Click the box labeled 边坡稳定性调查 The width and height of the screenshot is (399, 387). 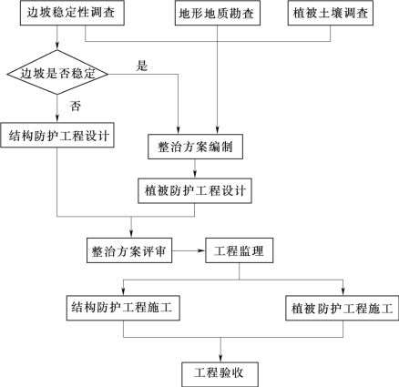(x=72, y=13)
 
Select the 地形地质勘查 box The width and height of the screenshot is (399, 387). (x=218, y=13)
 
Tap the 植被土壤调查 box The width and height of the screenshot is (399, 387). (x=331, y=13)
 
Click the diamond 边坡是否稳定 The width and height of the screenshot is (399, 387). (x=57, y=73)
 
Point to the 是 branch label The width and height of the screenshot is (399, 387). (x=142, y=66)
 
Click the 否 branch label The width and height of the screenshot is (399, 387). (x=76, y=107)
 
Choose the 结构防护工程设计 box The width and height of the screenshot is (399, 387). (x=57, y=135)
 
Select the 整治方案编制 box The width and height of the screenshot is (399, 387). (x=195, y=147)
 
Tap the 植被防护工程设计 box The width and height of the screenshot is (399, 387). (x=195, y=190)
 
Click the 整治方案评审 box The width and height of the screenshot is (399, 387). (x=129, y=250)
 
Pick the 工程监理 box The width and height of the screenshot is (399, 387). (x=240, y=250)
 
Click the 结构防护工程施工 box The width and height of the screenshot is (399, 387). (x=123, y=308)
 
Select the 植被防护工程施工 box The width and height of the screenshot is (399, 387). (x=343, y=308)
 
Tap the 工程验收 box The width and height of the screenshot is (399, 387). (x=220, y=374)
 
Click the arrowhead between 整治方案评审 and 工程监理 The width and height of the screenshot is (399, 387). (x=201, y=250)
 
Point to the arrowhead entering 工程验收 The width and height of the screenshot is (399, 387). (x=220, y=358)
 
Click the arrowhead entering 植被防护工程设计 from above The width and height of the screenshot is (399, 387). (x=195, y=174)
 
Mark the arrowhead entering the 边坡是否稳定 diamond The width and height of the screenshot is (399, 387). (x=57, y=46)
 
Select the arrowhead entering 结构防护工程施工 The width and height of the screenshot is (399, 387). (x=123, y=291)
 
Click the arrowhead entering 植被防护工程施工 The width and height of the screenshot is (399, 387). (x=343, y=291)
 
